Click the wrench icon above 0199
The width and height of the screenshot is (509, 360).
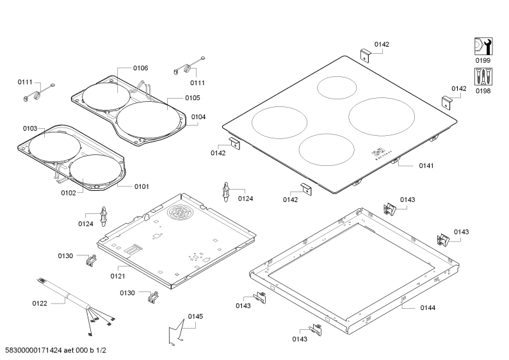click(x=483, y=46)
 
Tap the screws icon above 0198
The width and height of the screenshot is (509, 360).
click(x=483, y=77)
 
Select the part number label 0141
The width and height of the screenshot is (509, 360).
click(x=426, y=166)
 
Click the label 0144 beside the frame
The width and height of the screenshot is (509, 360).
click(x=428, y=307)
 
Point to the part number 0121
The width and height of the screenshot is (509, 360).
click(x=118, y=276)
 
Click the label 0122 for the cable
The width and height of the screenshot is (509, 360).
click(x=40, y=304)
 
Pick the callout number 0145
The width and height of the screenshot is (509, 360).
click(x=195, y=316)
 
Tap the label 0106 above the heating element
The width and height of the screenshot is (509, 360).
click(x=141, y=68)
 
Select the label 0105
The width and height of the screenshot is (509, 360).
click(x=193, y=98)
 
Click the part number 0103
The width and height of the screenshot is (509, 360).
click(x=30, y=128)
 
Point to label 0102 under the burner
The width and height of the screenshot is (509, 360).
click(x=68, y=193)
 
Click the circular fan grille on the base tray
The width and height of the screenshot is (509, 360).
click(x=180, y=213)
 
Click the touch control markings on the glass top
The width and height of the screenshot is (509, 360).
click(x=382, y=154)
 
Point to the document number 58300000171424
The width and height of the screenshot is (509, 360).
click(x=33, y=350)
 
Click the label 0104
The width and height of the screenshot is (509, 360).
click(x=198, y=117)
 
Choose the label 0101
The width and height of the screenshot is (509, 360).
click(x=141, y=186)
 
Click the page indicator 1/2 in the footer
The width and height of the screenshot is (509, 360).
click(x=101, y=350)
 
